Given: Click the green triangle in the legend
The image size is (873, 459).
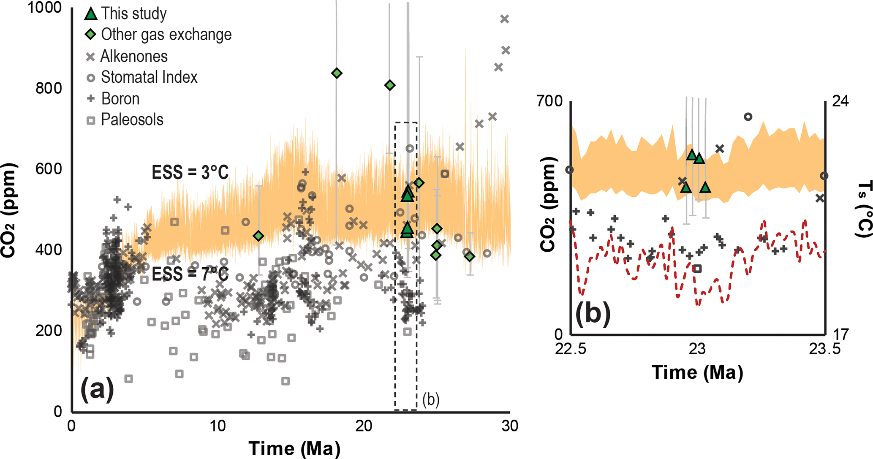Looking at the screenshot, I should tap(90, 14).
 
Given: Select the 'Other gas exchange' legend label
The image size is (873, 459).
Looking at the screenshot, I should tap(166, 35).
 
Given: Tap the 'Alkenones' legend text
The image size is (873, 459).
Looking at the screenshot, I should tap(134, 56).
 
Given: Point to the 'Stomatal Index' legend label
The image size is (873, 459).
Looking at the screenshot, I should tap(149, 77).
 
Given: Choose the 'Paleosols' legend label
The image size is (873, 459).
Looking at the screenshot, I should tap(132, 120).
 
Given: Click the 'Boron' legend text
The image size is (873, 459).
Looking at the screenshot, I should tap(120, 99).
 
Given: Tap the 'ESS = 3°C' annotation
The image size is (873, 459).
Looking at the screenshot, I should tap(190, 172).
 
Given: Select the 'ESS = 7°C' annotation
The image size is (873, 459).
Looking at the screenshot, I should tap(190, 274).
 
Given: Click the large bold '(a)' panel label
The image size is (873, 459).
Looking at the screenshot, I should tap(97, 389).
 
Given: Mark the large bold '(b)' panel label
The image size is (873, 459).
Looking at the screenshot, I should tap(593, 314).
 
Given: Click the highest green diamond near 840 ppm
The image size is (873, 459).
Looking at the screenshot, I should tap(337, 73).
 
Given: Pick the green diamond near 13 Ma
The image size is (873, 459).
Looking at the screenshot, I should tap(258, 236).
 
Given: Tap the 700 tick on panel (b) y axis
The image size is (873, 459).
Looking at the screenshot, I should tap(549, 102).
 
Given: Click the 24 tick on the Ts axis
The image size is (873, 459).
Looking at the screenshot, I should tap(840, 102).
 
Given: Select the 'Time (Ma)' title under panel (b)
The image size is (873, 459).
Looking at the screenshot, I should tap(697, 372).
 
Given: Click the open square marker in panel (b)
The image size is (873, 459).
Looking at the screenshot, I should tap(697, 268).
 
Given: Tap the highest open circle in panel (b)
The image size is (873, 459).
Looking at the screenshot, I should tap(748, 117).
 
